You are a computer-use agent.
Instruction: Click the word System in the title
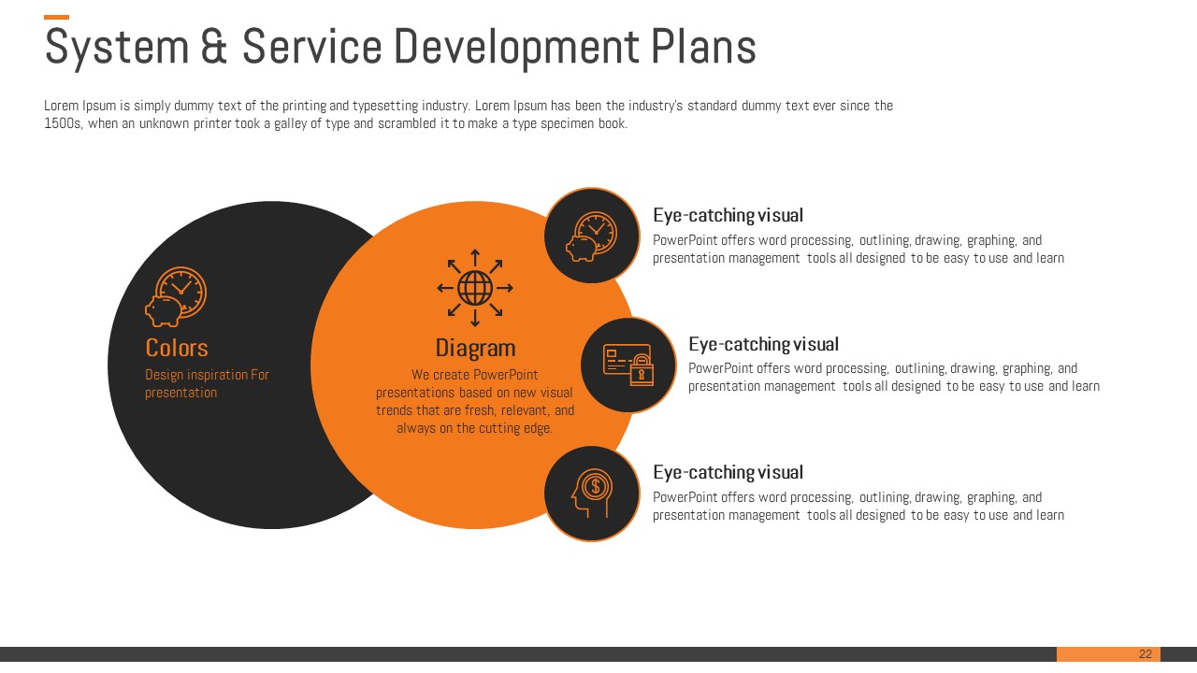click(117, 48)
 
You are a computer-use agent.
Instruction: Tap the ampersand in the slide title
click(214, 47)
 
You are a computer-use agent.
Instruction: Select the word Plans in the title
click(703, 47)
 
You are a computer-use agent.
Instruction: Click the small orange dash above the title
click(56, 17)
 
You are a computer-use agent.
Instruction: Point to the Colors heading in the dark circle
click(177, 348)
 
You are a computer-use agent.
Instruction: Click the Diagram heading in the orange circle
click(475, 348)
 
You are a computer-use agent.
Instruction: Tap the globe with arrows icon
click(474, 288)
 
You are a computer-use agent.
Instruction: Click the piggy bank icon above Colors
click(175, 297)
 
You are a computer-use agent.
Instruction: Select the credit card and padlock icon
click(627, 365)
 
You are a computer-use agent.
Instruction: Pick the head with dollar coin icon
click(592, 493)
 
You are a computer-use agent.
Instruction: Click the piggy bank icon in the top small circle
click(592, 236)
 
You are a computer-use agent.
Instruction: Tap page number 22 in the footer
click(1146, 653)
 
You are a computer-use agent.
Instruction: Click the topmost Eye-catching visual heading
click(728, 215)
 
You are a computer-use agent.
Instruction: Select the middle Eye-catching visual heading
click(763, 344)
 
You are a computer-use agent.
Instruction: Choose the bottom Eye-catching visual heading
click(728, 472)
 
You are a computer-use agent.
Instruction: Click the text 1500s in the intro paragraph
click(63, 124)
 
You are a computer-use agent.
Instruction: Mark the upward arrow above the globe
click(475, 258)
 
